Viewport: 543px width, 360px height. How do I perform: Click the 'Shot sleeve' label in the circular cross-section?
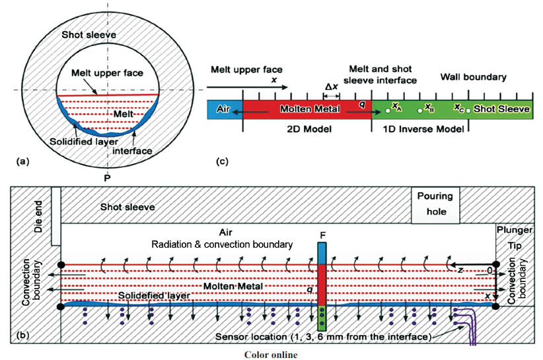pos(85,34)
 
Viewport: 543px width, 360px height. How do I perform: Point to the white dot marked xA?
pos(388,110)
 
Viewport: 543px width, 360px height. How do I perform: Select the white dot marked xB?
pos(421,110)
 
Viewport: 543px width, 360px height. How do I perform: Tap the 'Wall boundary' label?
pos(474,77)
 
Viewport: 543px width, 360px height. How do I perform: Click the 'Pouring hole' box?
pos(434,204)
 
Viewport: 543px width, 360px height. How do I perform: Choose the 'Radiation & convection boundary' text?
pos(222,244)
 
